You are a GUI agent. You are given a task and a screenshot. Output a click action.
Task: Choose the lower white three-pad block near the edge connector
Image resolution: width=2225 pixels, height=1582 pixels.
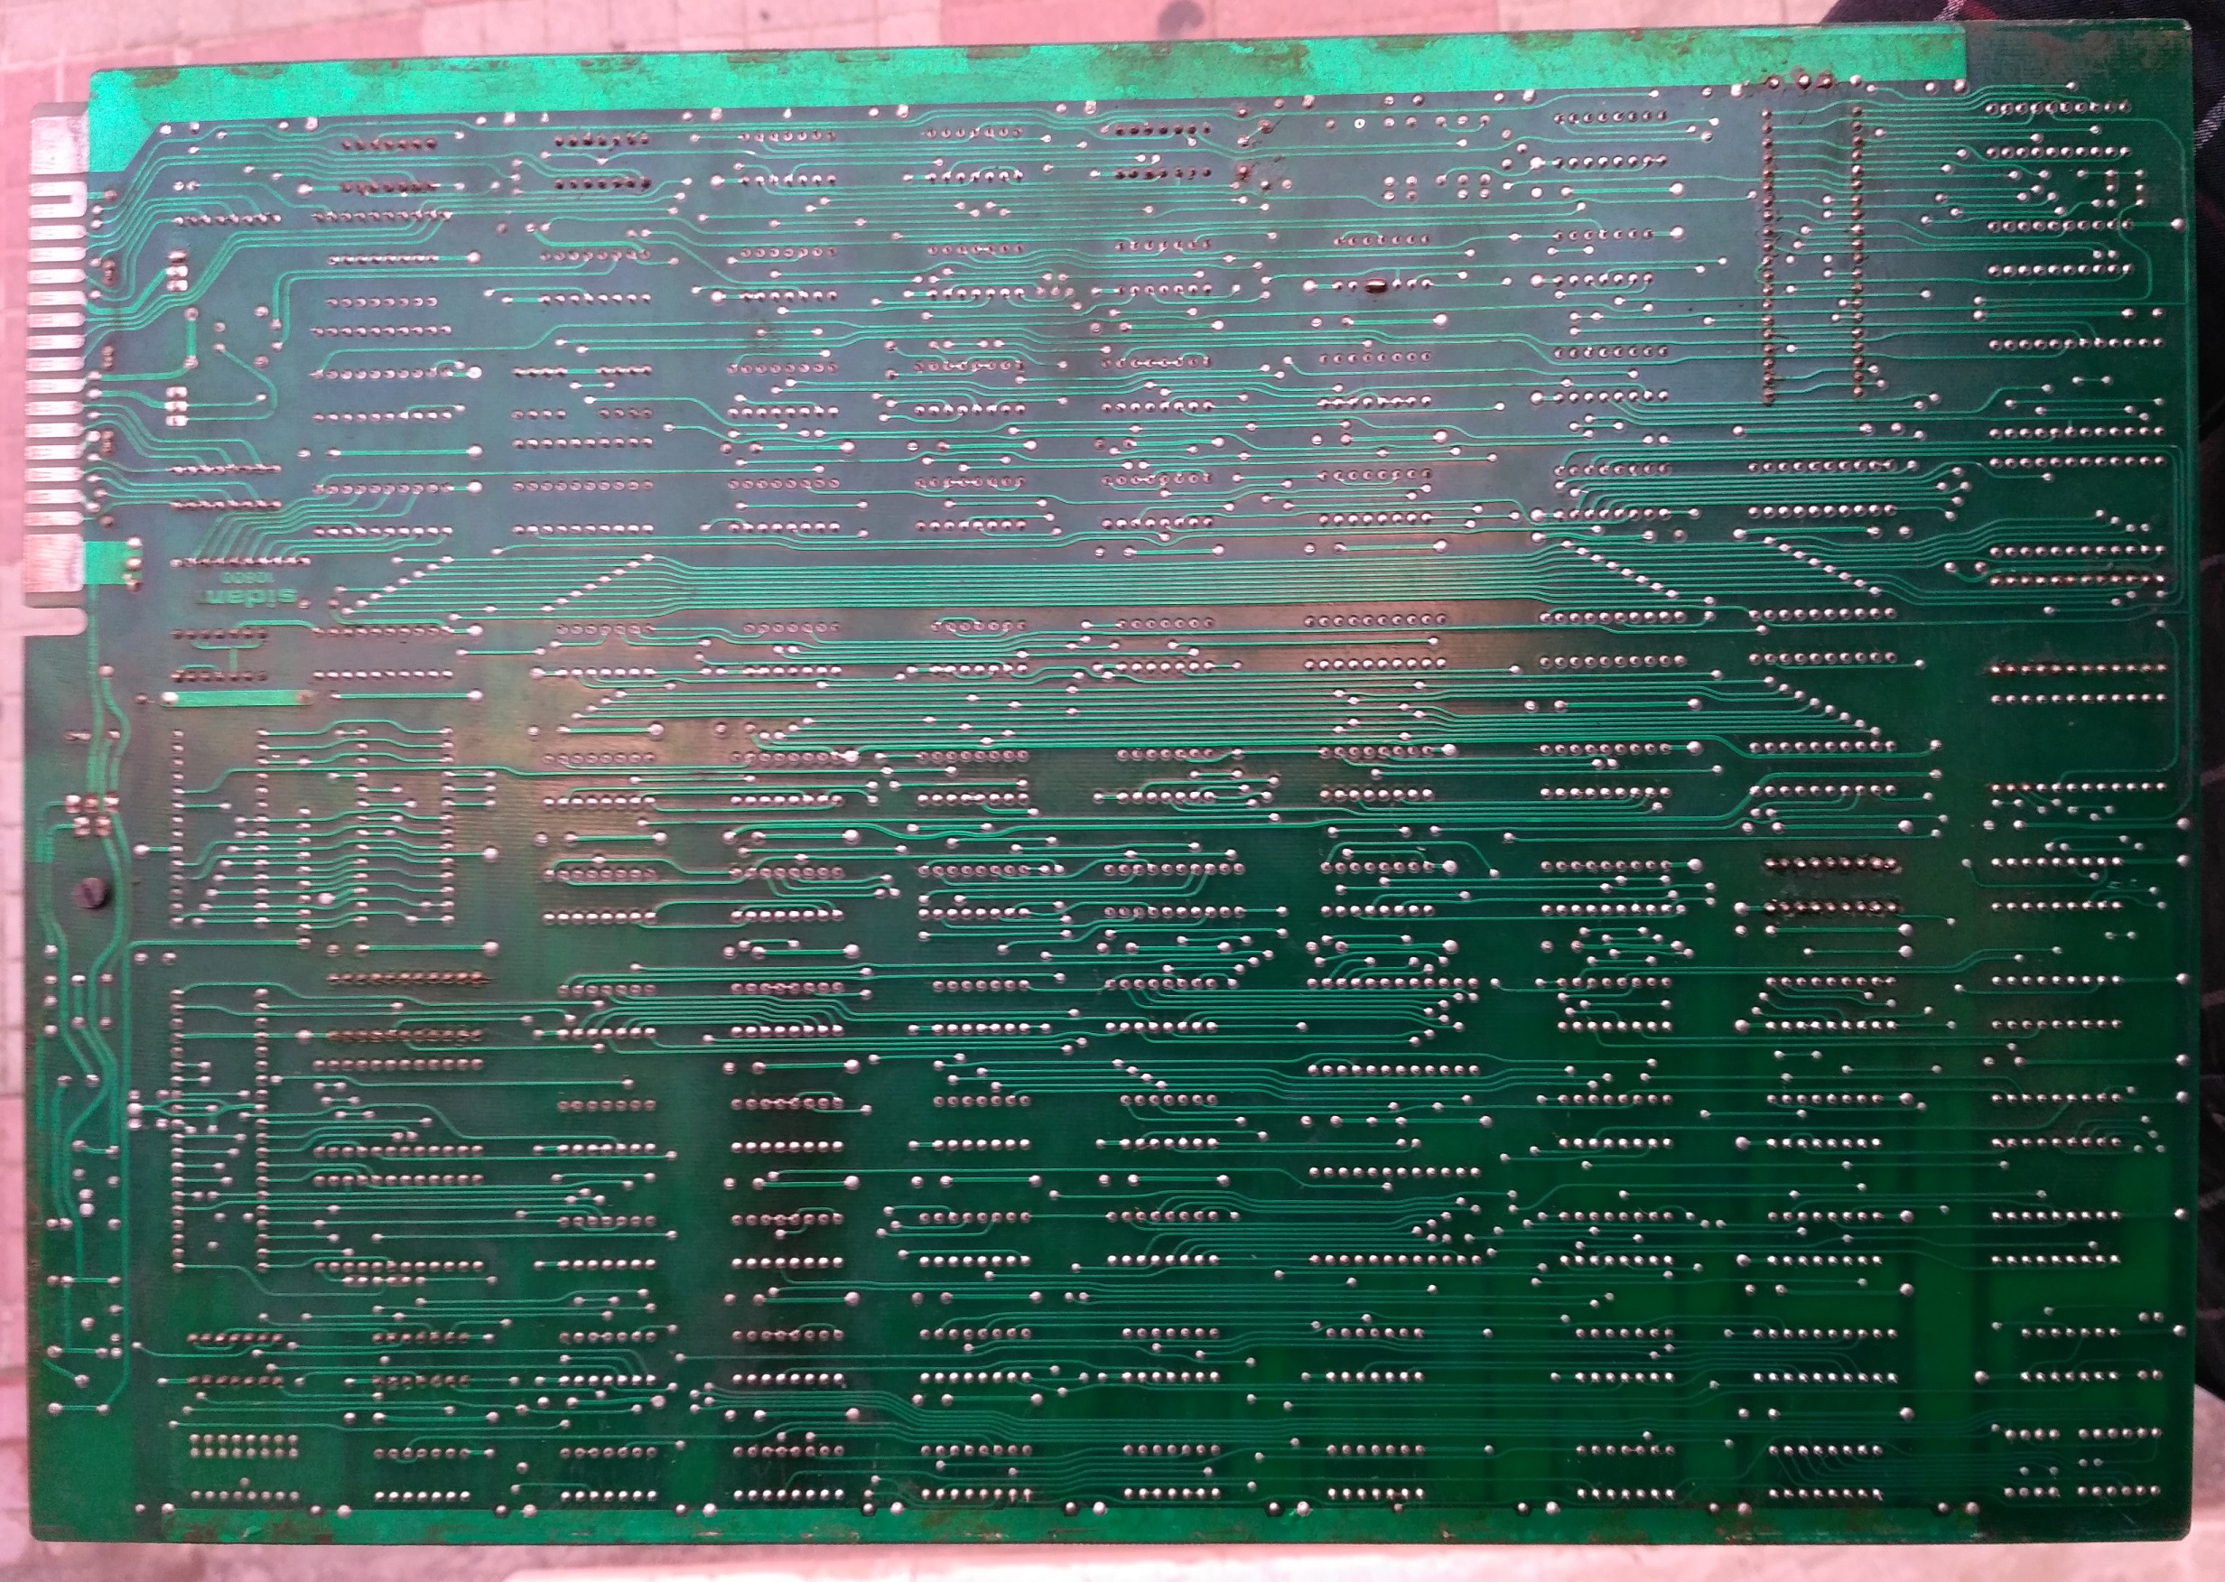pos(176,405)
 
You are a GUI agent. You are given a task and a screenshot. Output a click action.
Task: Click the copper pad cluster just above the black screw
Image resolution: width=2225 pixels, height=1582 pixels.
pos(89,816)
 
